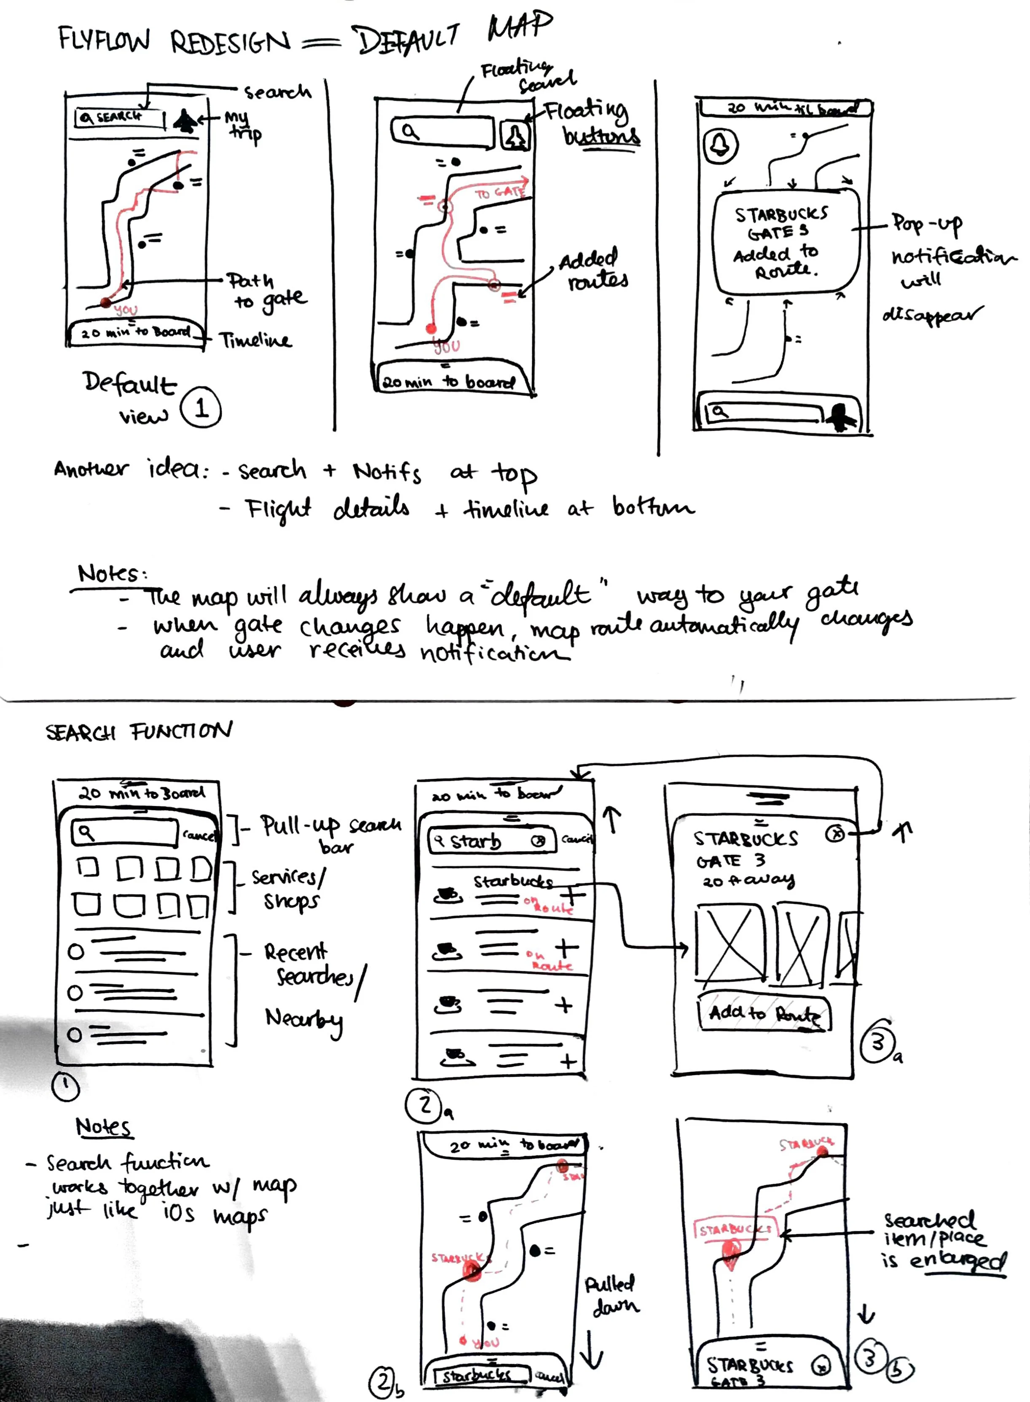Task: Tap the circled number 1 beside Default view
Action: click(201, 408)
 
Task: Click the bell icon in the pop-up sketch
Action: click(721, 145)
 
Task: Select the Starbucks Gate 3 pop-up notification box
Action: click(785, 242)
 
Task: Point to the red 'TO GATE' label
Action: click(499, 193)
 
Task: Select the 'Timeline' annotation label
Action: click(255, 340)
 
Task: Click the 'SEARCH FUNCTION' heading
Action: click(138, 731)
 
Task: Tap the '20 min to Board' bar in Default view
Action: click(137, 332)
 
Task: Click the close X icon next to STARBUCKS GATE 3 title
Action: click(835, 834)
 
